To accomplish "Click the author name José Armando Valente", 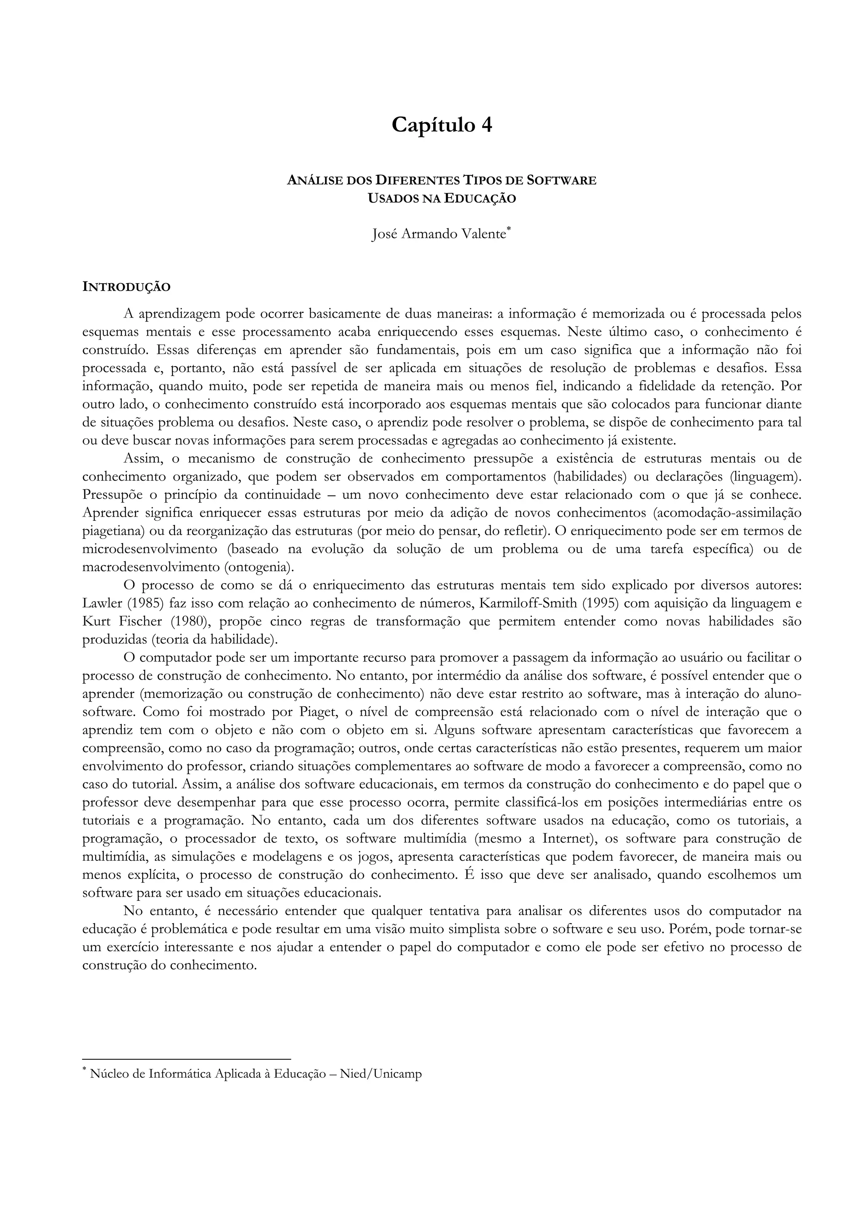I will coord(438,234).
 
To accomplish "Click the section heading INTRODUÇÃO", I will coord(126,287).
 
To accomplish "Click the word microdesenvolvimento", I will coord(150,549).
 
